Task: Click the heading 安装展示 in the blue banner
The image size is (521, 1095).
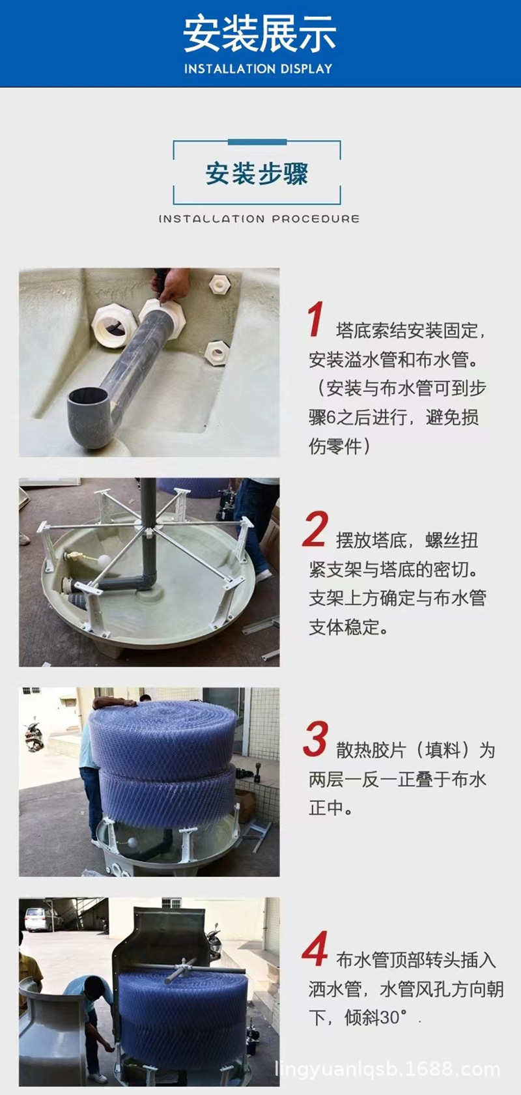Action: tap(259, 34)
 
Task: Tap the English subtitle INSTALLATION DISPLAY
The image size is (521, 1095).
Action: tap(259, 69)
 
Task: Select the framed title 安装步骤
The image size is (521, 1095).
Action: tap(257, 174)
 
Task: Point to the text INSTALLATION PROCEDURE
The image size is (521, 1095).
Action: tap(259, 219)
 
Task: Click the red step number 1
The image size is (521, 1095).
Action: tap(316, 320)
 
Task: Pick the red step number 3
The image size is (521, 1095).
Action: tap(315, 740)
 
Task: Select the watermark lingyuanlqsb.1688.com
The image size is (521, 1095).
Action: tap(388, 1070)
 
